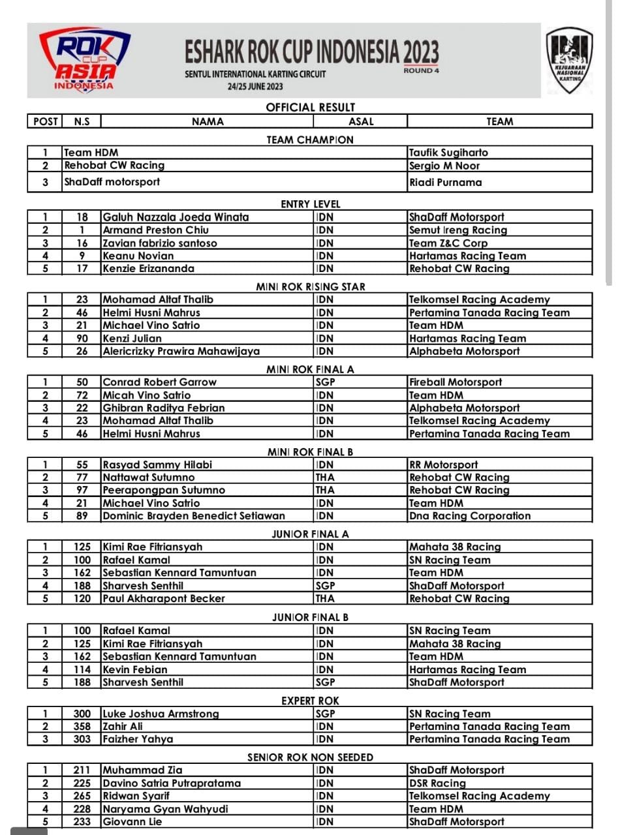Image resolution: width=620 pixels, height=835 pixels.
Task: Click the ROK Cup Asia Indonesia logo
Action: point(84,61)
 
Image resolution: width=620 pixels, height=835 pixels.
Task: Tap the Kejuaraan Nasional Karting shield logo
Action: point(569,60)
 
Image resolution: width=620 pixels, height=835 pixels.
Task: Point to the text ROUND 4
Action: point(421,70)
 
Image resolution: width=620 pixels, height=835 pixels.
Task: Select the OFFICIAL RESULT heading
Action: point(310,108)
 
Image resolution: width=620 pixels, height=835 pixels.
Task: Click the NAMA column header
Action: point(208,121)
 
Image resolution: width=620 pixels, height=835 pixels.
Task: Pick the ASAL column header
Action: point(361,121)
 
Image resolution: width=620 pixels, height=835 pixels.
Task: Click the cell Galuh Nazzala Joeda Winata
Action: point(176,217)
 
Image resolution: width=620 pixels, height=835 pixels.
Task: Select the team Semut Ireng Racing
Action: point(457,230)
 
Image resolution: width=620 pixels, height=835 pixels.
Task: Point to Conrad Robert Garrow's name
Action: point(159,382)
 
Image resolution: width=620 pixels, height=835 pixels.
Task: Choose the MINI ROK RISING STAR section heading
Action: point(310,286)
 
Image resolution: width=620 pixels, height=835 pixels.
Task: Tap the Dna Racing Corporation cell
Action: point(470,516)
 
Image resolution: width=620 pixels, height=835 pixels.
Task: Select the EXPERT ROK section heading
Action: point(310,701)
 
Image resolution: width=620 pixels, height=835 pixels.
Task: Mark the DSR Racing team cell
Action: point(437,783)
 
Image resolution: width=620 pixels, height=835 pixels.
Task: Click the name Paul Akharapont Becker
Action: point(164,598)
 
